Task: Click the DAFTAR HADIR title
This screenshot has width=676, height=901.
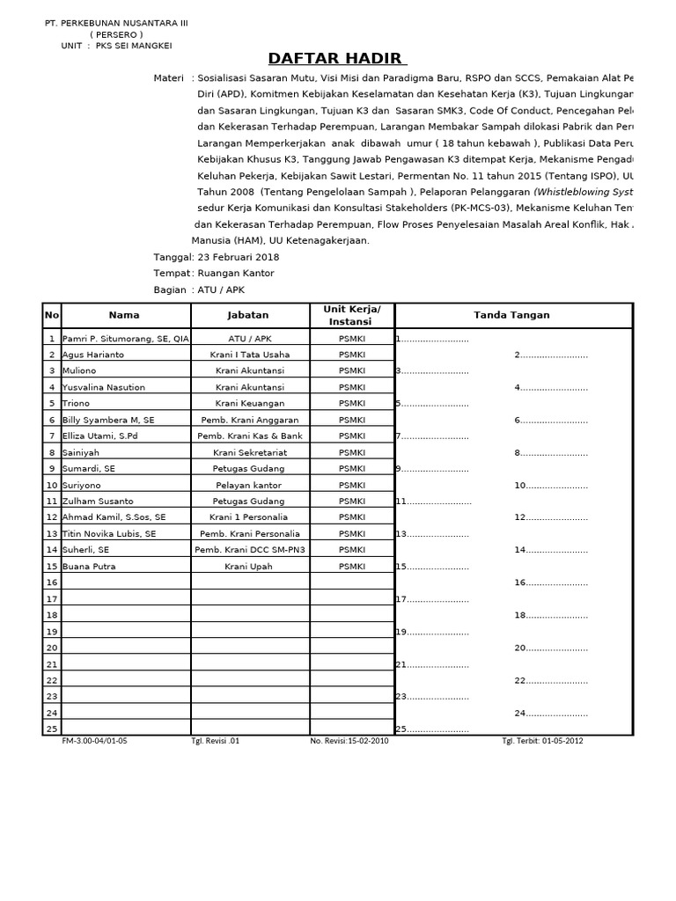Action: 337,59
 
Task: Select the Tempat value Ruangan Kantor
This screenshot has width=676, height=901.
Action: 236,274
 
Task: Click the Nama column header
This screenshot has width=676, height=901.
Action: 124,315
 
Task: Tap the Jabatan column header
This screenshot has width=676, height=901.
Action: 248,315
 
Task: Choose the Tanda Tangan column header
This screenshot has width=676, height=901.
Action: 511,315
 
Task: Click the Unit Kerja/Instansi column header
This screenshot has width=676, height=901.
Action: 352,315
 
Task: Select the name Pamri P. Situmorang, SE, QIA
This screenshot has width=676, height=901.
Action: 125,339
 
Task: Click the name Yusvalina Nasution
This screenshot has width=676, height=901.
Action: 103,387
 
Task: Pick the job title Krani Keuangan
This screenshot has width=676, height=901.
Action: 252,404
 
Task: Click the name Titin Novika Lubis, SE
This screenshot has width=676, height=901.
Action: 109,534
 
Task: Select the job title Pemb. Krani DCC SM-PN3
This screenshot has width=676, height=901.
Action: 251,550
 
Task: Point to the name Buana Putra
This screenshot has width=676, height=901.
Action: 89,567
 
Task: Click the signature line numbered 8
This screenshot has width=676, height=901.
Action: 552,453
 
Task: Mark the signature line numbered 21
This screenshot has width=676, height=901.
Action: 432,664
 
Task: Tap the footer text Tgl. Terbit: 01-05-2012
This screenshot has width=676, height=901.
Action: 542,741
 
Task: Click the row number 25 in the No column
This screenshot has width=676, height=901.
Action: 51,729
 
